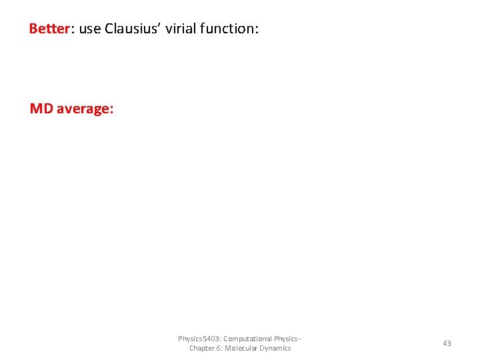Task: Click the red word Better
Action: click(49, 29)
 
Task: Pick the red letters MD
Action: click(41, 108)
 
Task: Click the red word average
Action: click(83, 108)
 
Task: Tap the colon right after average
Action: click(111, 109)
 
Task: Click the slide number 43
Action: click(447, 343)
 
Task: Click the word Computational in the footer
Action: click(248, 339)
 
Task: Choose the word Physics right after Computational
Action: click(287, 339)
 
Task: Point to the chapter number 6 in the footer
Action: click(219, 348)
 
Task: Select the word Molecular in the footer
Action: click(241, 348)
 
